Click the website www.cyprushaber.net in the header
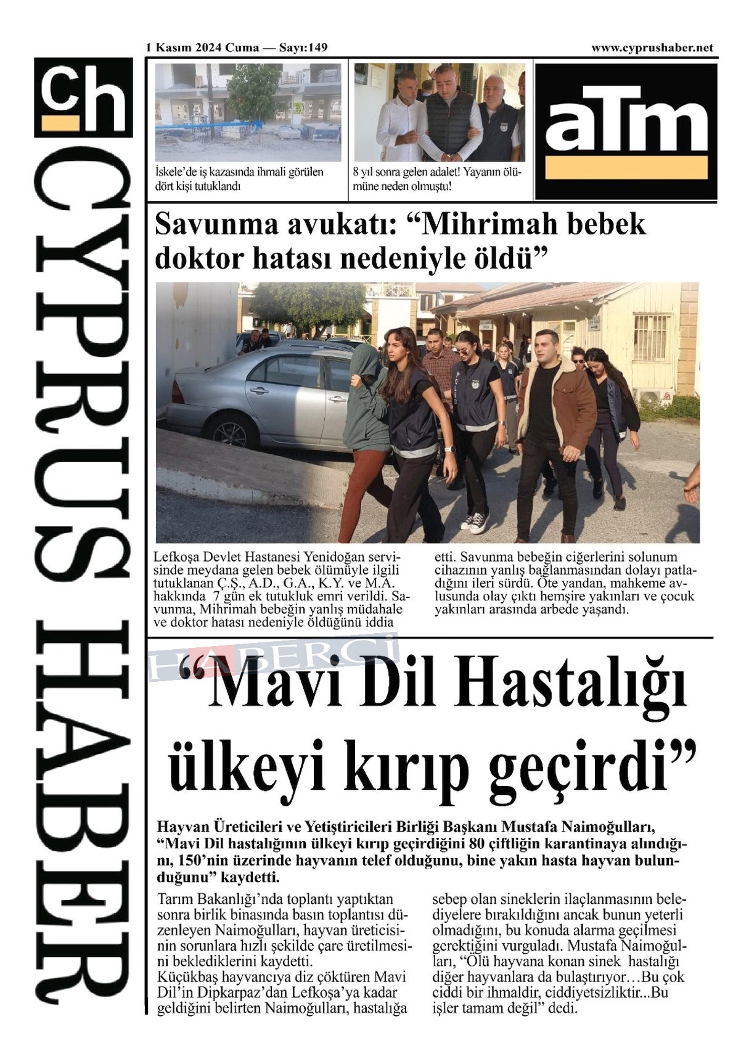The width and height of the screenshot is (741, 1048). tap(652, 47)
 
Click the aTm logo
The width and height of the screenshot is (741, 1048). tap(626, 131)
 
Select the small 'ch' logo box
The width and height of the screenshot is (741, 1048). tap(83, 97)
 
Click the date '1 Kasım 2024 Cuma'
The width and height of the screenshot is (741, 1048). tap(202, 47)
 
